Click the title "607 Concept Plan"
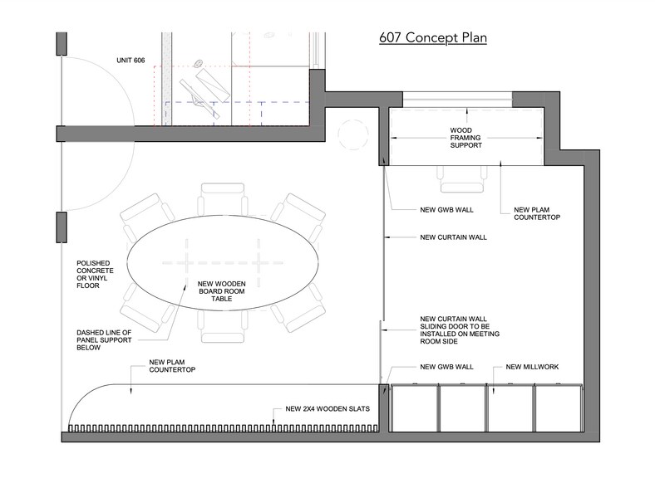pos(433,38)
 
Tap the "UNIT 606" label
pos(131,61)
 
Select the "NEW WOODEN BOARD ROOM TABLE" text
pos(221,291)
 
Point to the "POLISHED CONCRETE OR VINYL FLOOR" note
pos(95,275)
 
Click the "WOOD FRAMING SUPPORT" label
pos(465,138)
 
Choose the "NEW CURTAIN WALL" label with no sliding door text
pos(453,237)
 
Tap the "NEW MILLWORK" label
pos(532,367)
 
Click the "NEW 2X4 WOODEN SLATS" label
pos(327,409)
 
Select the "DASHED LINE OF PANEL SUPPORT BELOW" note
pos(104,340)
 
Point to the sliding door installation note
pos(460,330)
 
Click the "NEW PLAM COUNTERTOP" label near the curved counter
pos(172,366)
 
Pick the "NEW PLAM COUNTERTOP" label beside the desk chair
pos(537,213)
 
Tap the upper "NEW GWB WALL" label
pos(446,210)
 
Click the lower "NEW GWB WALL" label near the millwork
pos(446,367)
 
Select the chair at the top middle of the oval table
pos(223,198)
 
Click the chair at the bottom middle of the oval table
pos(222,326)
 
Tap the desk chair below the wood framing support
pos(461,179)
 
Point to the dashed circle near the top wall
pos(353,134)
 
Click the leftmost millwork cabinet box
pos(414,408)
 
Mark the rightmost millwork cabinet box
pos(559,408)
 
